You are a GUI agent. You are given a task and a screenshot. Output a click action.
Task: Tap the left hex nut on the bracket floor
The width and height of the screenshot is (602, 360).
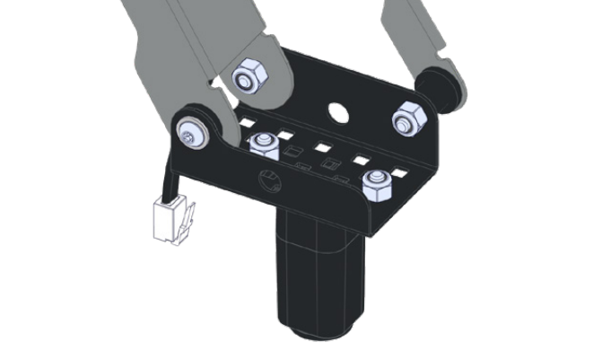click(x=263, y=144)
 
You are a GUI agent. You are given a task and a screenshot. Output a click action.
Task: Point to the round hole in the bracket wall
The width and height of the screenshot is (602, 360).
click(x=339, y=113)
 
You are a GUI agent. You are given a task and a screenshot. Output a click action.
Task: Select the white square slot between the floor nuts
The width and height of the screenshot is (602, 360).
click(x=323, y=149)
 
